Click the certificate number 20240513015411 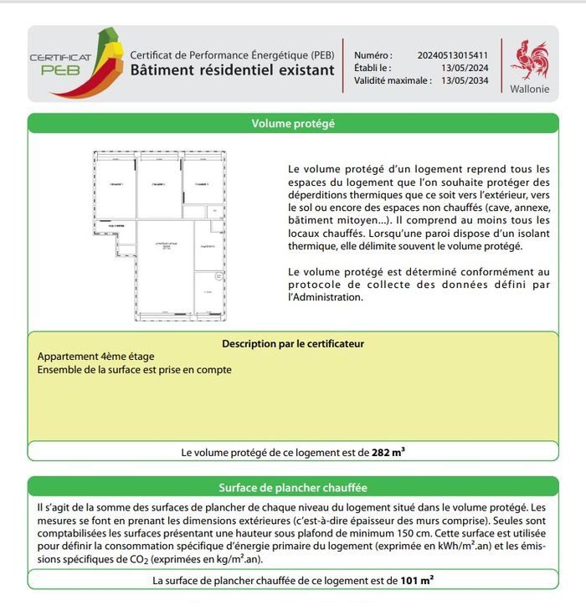point(452,55)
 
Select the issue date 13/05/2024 point(464,68)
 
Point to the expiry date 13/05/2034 point(464,80)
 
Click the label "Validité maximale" point(391,80)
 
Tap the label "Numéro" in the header point(373,55)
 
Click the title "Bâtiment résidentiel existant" point(232,70)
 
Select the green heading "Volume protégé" point(293,124)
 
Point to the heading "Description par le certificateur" point(293,343)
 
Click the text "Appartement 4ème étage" point(96,357)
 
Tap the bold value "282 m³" point(388,452)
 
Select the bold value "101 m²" point(416,580)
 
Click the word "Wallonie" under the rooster point(530,89)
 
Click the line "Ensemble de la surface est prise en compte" point(135,369)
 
